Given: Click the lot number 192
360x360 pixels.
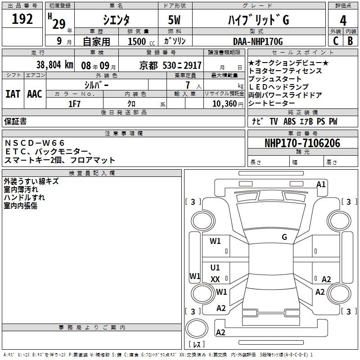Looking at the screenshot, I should (22, 20).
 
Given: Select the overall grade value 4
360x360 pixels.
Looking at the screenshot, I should (343, 20).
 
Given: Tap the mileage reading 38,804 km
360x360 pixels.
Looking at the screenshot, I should (54, 65).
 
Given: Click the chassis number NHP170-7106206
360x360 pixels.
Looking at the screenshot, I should (302, 143).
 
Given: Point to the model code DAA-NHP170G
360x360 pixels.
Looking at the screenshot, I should (258, 42).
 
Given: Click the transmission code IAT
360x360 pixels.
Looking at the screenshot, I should (13, 94).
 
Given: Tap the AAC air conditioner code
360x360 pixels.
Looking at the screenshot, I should (35, 94).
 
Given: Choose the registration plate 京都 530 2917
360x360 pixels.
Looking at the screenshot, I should (171, 65).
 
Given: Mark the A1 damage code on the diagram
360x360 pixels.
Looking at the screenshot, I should (321, 184).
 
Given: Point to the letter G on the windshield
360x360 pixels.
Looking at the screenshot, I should (284, 237).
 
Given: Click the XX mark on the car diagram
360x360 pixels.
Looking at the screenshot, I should (215, 279).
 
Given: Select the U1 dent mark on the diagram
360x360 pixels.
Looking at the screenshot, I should (215, 268).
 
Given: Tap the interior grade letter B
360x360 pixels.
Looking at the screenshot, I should (350, 41).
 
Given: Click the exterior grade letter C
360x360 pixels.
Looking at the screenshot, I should (335, 41).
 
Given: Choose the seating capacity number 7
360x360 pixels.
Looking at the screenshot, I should (187, 85).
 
